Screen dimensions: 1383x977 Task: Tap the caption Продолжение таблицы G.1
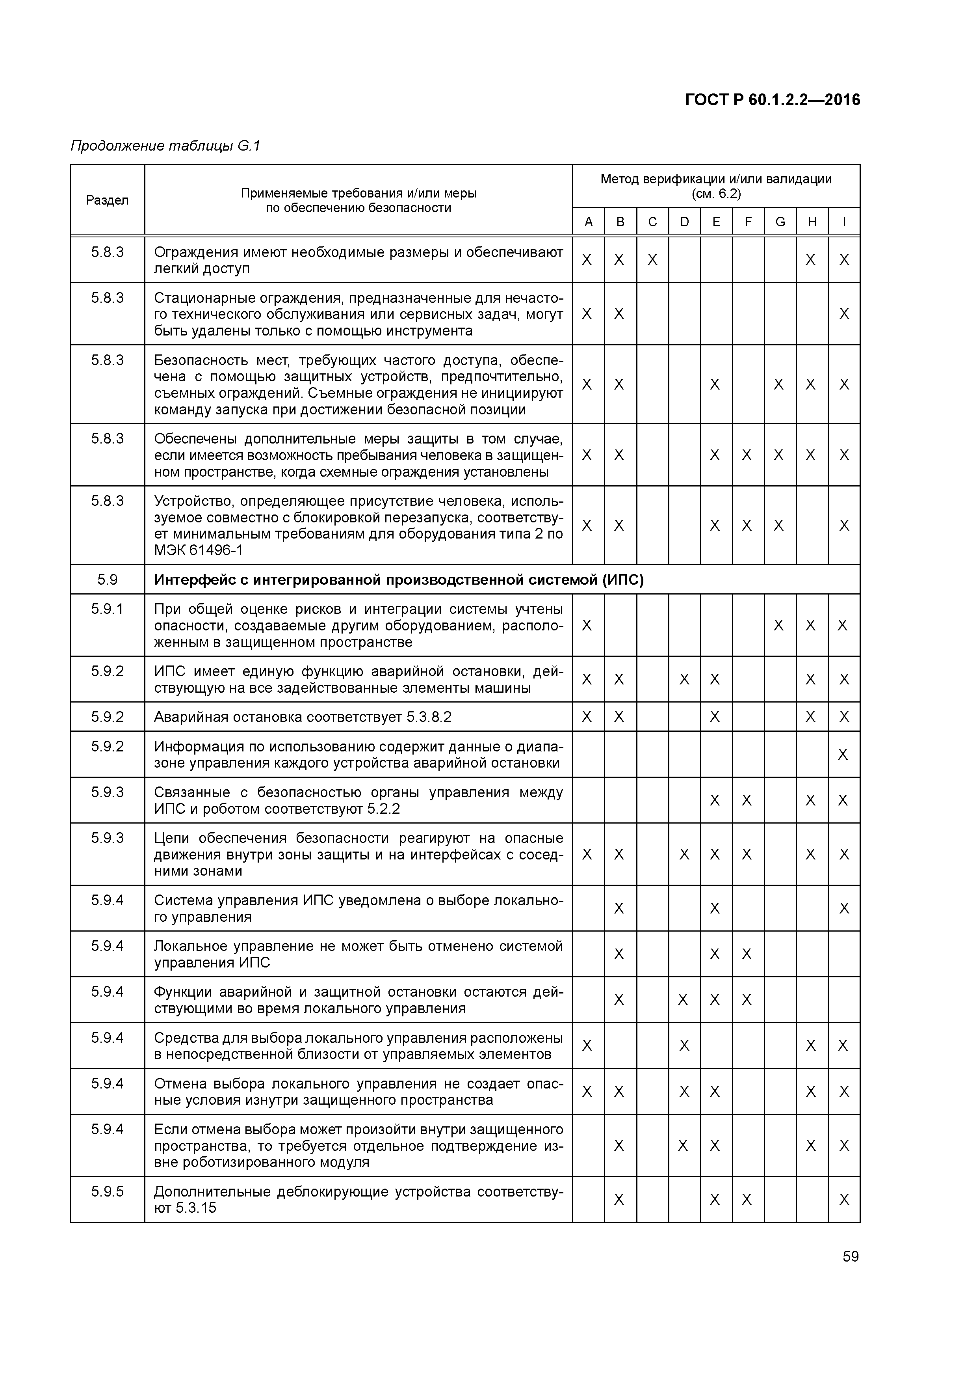(x=165, y=146)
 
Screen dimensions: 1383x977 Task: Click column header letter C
(x=652, y=222)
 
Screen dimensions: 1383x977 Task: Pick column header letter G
(x=780, y=222)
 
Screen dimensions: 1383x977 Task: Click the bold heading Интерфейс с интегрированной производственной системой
(x=399, y=580)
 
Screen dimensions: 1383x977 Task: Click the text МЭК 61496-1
(x=198, y=550)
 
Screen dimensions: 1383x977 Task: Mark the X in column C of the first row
(x=652, y=260)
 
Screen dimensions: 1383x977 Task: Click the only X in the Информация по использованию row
(x=843, y=755)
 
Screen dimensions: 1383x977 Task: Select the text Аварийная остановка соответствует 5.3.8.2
(x=302, y=717)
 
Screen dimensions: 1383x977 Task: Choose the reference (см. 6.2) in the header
(x=716, y=194)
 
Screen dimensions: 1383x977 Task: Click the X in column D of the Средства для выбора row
(x=684, y=1046)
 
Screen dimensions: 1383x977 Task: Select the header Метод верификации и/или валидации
(x=716, y=179)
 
